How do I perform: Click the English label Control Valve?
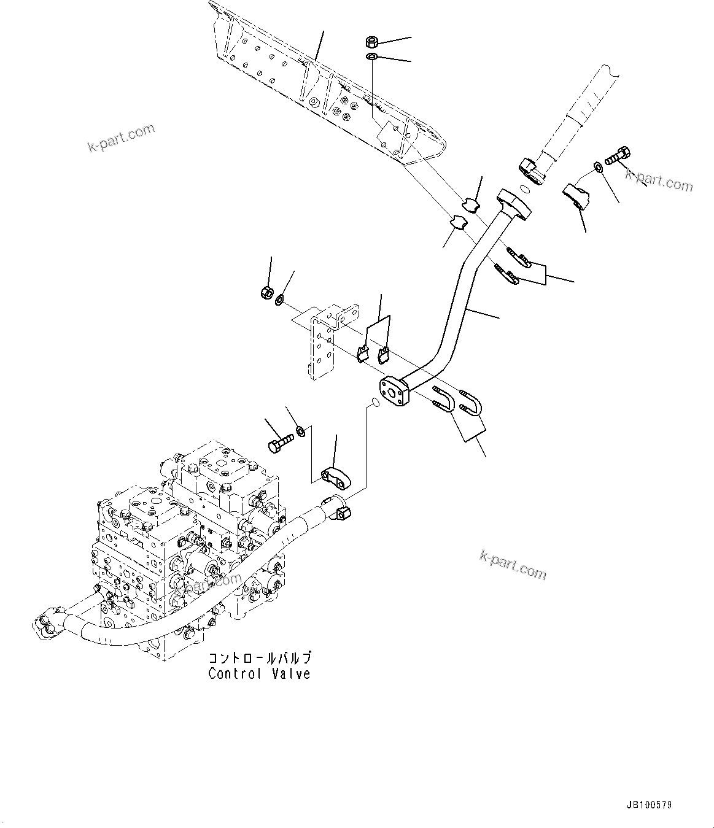[259, 673]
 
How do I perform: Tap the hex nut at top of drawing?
[371, 42]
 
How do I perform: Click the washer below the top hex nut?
[371, 56]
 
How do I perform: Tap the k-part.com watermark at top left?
[122, 138]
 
